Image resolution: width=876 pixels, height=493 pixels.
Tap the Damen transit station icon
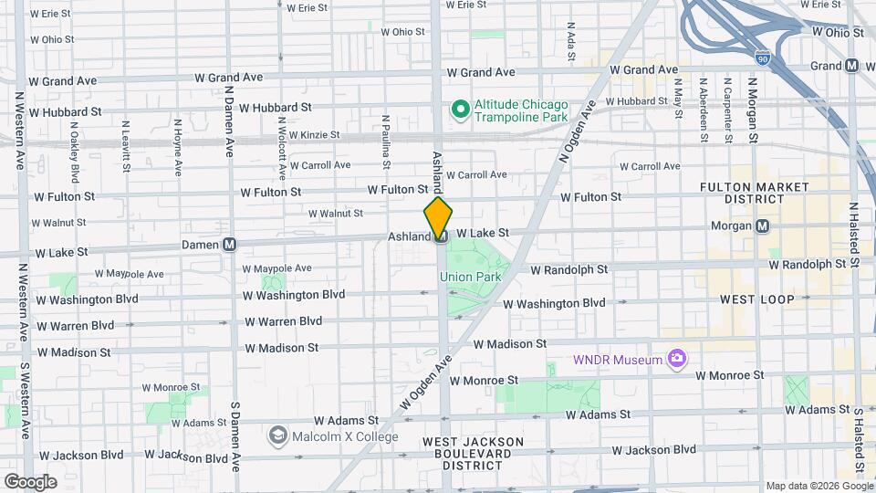(230, 245)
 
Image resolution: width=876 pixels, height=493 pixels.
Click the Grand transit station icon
(852, 66)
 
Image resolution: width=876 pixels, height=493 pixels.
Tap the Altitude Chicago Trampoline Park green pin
(461, 110)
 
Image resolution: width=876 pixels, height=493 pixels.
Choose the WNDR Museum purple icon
(676, 359)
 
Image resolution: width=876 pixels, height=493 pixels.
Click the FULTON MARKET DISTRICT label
(754, 193)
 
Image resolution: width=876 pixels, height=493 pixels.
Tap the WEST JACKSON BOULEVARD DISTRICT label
(473, 453)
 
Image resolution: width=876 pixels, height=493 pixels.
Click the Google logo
(30, 481)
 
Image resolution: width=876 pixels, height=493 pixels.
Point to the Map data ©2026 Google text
(819, 486)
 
